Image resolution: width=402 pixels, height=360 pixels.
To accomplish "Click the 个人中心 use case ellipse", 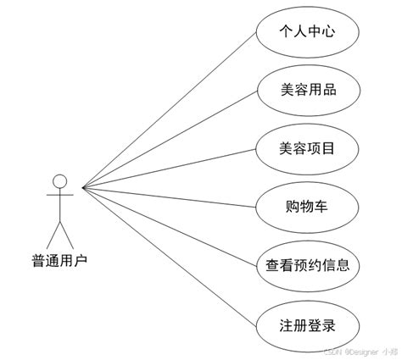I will [x=307, y=31].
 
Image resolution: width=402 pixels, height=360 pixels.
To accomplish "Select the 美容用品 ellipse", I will [x=307, y=89].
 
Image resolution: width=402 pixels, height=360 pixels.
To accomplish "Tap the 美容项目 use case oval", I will [x=307, y=147].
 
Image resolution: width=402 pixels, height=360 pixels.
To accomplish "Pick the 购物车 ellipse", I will [x=307, y=206].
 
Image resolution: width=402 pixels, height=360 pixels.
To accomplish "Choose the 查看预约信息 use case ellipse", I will [x=307, y=264].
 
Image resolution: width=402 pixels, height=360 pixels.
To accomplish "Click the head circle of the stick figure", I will [x=59, y=180].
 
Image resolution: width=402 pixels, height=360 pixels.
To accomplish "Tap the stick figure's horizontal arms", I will [x=59, y=196].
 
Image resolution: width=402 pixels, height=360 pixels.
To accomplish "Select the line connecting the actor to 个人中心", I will [x=170, y=109].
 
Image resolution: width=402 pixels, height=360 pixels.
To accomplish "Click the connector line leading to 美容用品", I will [x=170, y=138].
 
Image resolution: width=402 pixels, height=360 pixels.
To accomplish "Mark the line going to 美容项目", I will [x=170, y=167].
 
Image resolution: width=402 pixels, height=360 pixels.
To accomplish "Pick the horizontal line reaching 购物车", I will [x=170, y=197].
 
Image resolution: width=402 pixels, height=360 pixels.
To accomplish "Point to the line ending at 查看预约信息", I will [x=170, y=225].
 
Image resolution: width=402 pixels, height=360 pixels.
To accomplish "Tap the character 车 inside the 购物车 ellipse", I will [x=327, y=206].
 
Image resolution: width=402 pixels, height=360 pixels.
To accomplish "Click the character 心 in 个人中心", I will [x=327, y=31].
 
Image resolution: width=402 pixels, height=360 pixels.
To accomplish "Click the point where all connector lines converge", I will [x=82, y=187].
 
